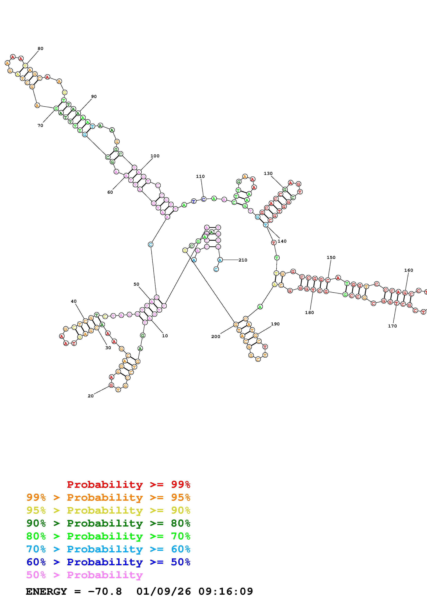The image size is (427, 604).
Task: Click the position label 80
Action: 40,48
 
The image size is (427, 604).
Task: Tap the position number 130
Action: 268,173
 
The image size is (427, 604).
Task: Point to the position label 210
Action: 243,260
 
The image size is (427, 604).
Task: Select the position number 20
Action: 90,396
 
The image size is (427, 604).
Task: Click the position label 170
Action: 392,326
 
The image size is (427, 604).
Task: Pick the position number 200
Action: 215,336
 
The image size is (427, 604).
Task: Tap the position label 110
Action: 200,176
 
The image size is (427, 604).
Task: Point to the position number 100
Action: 155,156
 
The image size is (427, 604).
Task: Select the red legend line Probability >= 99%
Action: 128,484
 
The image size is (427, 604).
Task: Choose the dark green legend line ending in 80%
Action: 108,523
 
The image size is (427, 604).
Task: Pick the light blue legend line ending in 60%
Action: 108,549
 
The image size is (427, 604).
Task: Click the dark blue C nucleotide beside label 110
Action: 203,199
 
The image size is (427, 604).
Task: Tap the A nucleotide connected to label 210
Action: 220,260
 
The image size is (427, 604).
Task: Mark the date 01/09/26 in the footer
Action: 164,591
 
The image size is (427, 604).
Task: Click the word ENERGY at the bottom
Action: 46,591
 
